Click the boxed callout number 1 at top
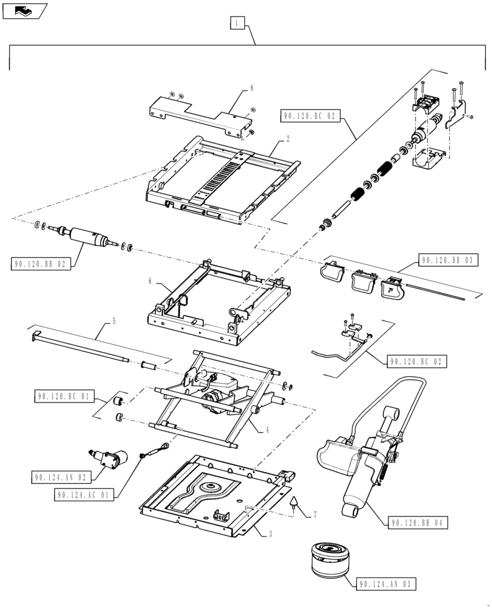(x=237, y=23)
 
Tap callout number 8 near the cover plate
(x=251, y=89)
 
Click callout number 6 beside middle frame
(x=149, y=281)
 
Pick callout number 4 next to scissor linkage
(x=266, y=429)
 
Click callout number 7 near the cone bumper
(x=315, y=515)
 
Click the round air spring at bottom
(x=329, y=558)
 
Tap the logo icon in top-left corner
(x=24, y=10)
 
